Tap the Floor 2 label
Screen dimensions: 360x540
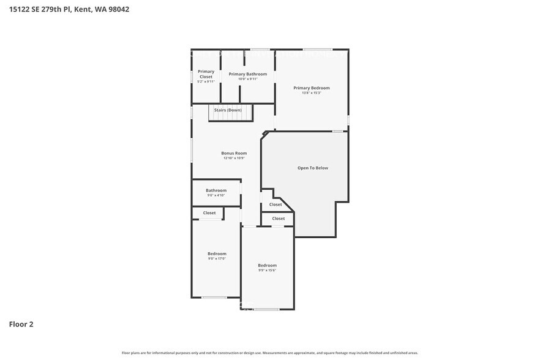coord(21,324)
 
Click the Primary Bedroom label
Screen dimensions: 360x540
coord(311,88)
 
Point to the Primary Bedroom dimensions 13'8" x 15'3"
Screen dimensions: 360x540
coord(311,93)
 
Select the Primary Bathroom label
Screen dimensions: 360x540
coord(247,73)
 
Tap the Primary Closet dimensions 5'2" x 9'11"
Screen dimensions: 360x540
coord(206,81)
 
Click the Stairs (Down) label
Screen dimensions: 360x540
coord(228,110)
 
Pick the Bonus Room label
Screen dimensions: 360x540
coord(234,153)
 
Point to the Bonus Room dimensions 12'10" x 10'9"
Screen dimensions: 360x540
coord(234,158)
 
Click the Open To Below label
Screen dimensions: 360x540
coord(313,168)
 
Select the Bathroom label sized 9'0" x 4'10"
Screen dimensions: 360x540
coord(216,190)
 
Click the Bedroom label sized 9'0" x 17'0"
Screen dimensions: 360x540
coord(217,253)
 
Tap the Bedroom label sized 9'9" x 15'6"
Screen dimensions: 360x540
coord(267,265)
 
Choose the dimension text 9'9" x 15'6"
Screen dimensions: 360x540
coord(267,270)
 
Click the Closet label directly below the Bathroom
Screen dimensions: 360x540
coord(209,213)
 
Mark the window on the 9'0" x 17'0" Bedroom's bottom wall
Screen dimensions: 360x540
coord(214,298)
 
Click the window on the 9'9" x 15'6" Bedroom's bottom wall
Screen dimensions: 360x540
coord(267,309)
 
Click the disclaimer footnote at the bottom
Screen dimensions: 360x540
coord(270,353)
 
